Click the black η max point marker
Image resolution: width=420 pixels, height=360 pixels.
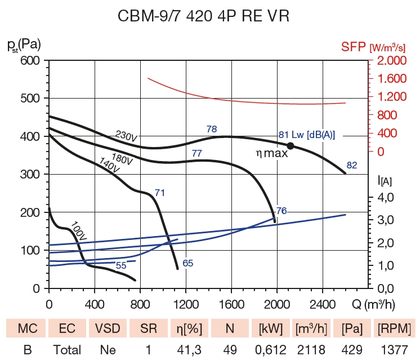coord(291,145)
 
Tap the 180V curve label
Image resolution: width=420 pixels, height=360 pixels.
coord(122,158)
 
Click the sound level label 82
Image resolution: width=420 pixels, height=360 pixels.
coord(352,165)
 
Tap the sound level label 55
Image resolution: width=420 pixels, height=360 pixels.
coord(121,265)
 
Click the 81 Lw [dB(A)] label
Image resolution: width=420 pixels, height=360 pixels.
coord(307,135)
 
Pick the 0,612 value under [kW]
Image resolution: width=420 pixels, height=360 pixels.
coord(269,349)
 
